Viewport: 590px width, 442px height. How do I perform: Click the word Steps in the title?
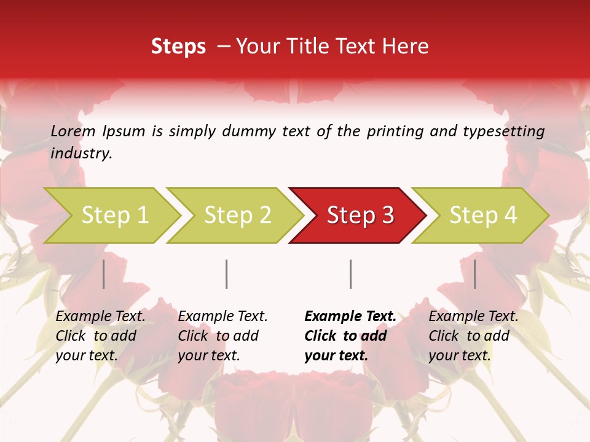(x=178, y=47)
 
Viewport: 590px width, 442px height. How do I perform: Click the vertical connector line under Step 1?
(x=104, y=274)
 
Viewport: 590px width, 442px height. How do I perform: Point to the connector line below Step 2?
(x=227, y=274)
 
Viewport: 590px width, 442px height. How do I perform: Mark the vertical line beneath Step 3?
(x=351, y=274)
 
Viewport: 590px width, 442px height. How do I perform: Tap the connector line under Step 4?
(x=475, y=274)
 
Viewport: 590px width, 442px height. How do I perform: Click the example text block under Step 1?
(x=100, y=336)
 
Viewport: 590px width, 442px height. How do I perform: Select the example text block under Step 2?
(x=222, y=336)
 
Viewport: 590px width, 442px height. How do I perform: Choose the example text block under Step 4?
(x=473, y=336)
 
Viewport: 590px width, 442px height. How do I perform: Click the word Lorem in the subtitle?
(x=73, y=131)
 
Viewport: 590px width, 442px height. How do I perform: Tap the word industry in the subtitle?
(x=81, y=153)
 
